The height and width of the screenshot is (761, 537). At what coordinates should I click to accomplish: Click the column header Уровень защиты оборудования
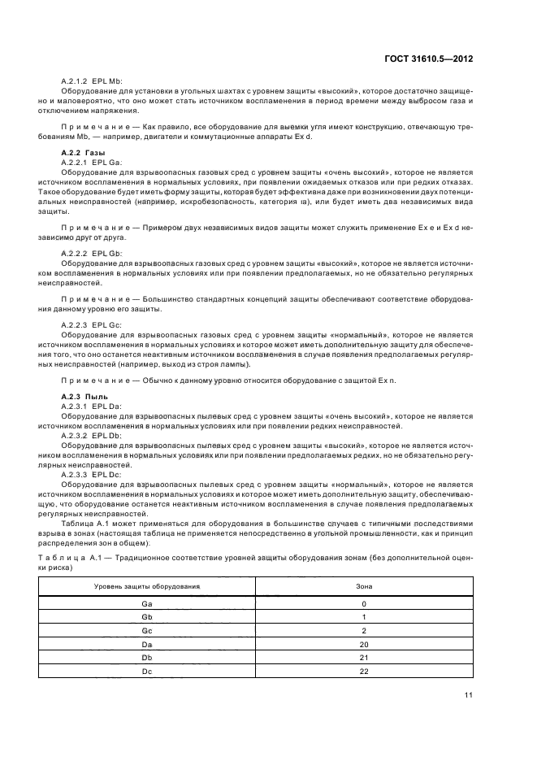(147, 585)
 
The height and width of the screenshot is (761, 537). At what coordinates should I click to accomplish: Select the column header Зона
(364, 585)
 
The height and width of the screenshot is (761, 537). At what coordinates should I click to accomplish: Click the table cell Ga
(147, 604)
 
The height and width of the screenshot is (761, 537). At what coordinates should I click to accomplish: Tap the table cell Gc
(147, 631)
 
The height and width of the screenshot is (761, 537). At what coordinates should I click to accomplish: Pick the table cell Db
(147, 658)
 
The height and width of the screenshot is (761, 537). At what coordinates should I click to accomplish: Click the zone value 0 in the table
(364, 604)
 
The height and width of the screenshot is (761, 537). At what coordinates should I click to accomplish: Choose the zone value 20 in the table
(364, 645)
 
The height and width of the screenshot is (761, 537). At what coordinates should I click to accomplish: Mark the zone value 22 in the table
(364, 672)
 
